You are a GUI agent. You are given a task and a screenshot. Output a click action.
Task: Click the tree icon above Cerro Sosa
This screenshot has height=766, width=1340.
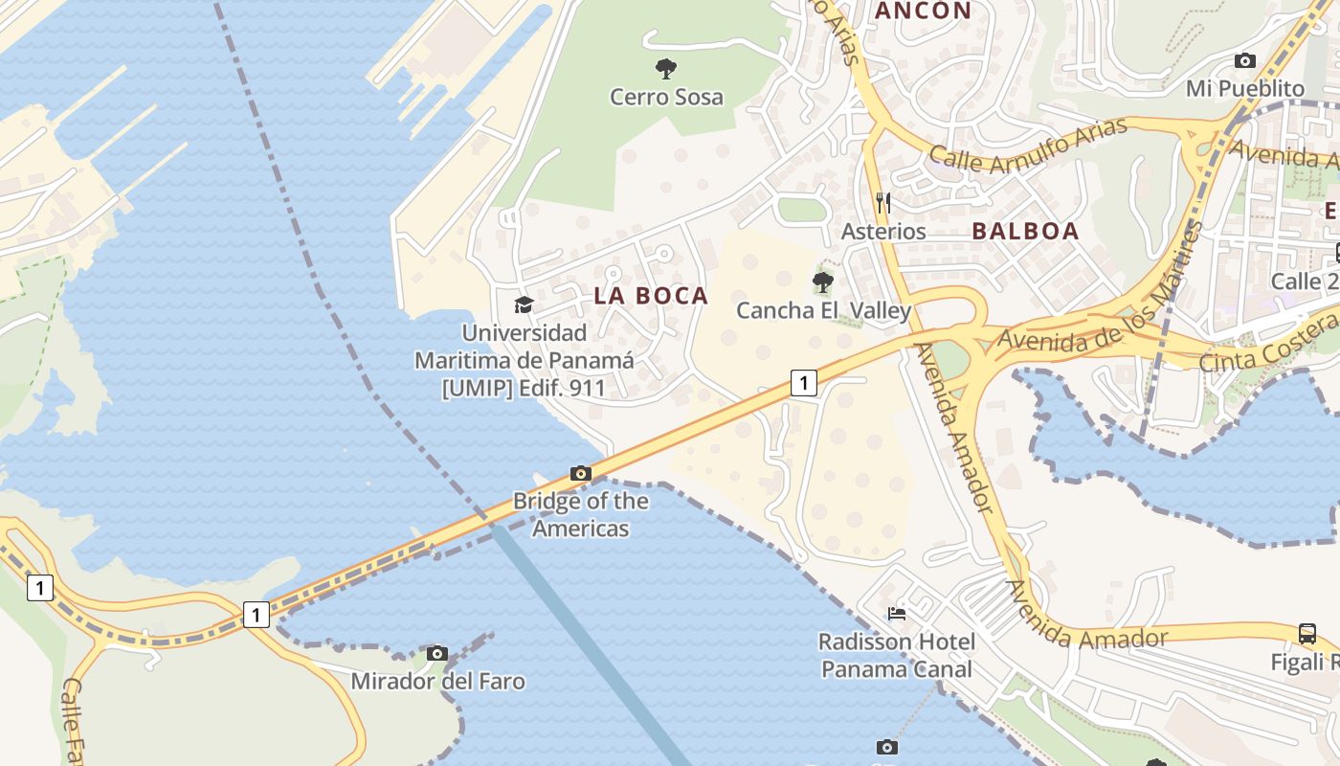point(666,68)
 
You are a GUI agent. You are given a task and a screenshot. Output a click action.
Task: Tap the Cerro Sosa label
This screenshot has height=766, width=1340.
point(666,97)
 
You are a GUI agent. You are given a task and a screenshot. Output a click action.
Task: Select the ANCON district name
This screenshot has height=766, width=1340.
point(924,11)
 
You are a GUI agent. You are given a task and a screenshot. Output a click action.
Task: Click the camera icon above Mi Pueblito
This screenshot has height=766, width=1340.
point(1244,60)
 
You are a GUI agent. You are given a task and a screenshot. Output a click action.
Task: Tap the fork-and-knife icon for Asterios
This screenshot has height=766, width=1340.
point(883,202)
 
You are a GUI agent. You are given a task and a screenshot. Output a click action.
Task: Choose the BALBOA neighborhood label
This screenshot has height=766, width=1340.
point(1025,231)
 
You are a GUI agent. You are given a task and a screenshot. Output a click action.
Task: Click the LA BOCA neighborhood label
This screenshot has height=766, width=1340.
point(651,296)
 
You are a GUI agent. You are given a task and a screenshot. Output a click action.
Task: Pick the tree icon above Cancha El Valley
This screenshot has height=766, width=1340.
point(822,282)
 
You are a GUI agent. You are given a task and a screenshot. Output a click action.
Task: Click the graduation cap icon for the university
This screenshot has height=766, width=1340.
point(524,304)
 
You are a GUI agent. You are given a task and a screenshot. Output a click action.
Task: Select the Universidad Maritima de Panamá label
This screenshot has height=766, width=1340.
point(524,360)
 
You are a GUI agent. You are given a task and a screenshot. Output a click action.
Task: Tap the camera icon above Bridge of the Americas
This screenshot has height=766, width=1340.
point(580,473)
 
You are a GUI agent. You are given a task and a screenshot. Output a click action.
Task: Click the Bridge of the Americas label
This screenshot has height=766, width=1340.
point(580,514)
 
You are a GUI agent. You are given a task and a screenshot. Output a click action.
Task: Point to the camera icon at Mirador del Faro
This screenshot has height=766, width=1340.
point(437,653)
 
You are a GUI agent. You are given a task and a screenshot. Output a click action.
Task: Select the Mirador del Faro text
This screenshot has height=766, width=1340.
point(437,682)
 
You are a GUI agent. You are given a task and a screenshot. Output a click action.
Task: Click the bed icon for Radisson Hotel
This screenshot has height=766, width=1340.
point(897,613)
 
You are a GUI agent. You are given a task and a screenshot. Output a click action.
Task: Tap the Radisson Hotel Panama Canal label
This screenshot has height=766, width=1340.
point(897,655)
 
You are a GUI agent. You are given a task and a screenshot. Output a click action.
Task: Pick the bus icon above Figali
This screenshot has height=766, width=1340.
point(1307,633)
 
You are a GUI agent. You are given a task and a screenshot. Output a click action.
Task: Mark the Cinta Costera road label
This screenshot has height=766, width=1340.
point(1268,343)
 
